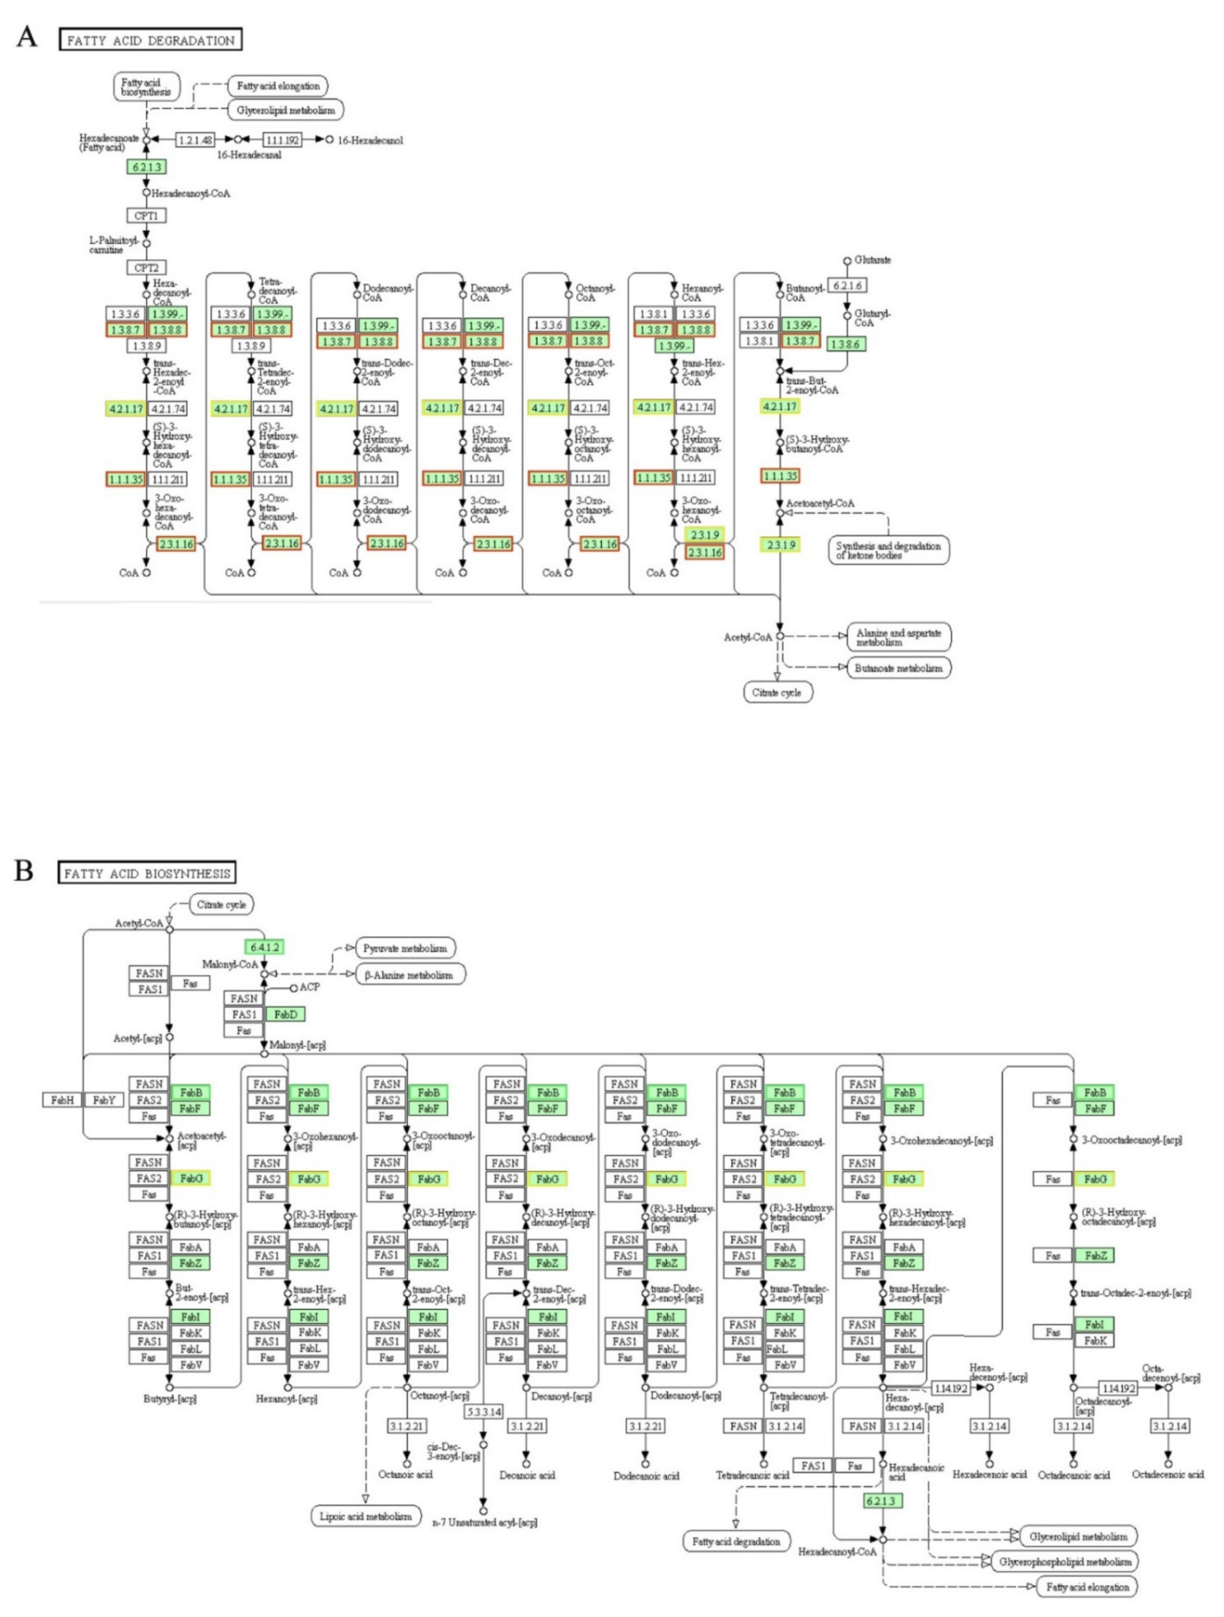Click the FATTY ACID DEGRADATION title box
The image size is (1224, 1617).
pos(150,40)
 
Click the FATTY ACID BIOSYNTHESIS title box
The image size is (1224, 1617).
pos(147,873)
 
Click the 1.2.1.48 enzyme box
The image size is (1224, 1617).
pos(196,139)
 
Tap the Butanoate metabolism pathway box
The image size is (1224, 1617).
pos(898,667)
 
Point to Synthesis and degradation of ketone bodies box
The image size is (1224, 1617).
pos(889,551)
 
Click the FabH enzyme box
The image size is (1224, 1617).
pos(62,1099)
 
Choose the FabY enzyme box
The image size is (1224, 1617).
pos(104,1099)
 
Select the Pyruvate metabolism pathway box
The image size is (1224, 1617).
pos(405,948)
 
